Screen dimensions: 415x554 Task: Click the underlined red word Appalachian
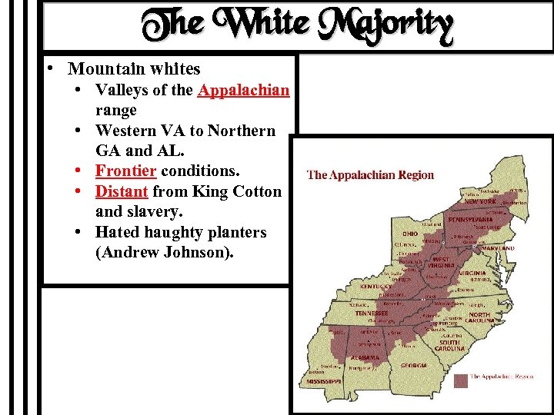(x=243, y=90)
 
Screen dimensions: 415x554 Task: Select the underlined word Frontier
(x=126, y=170)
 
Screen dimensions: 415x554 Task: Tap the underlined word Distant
(x=122, y=191)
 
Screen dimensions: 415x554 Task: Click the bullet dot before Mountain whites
(x=48, y=68)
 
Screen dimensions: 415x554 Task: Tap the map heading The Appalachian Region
(x=370, y=174)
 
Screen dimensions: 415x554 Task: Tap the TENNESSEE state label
(x=372, y=313)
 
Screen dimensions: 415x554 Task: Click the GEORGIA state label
(x=413, y=365)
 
